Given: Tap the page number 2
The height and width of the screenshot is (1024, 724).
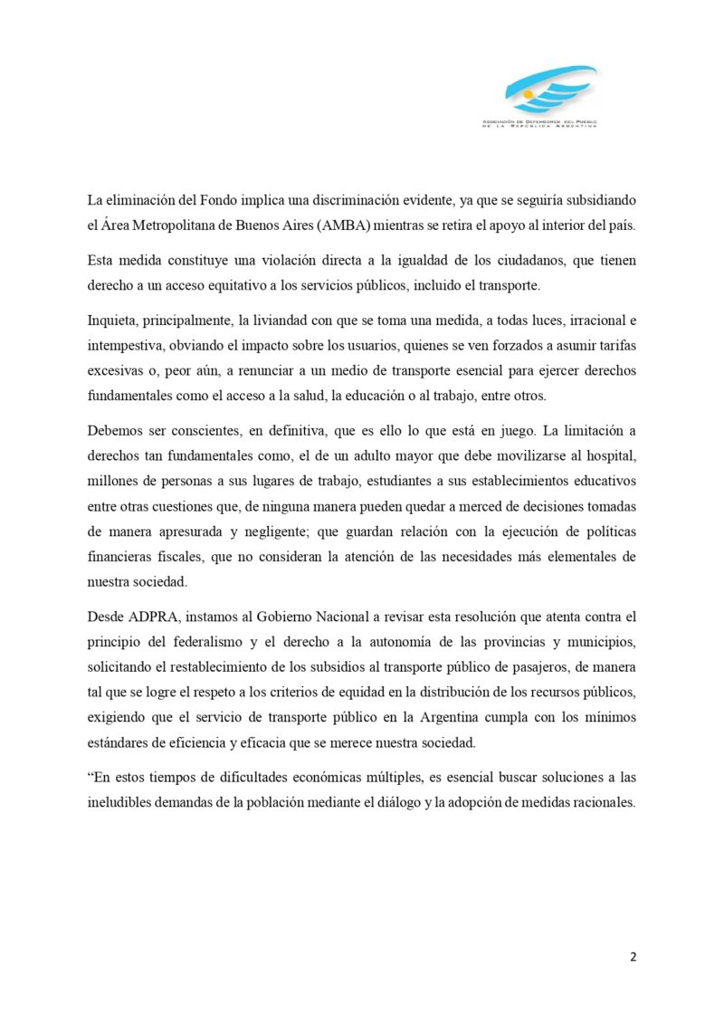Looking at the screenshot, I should [x=633, y=957].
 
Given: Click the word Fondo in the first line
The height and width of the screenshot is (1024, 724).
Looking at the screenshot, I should [x=215, y=198].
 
